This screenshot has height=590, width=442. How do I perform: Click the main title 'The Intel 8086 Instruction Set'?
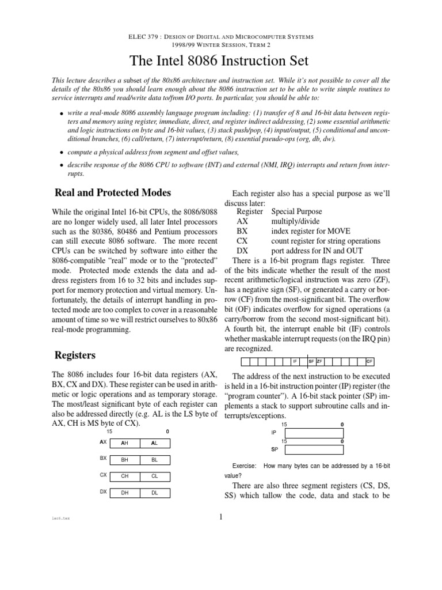[x=221, y=60]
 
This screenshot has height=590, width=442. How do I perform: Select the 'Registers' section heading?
[x=75, y=354]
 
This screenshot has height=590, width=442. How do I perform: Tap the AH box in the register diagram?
[x=124, y=443]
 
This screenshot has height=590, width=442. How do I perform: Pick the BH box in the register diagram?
[x=124, y=460]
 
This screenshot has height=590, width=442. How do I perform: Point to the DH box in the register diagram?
[x=124, y=493]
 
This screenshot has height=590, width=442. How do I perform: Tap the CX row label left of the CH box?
[x=103, y=475]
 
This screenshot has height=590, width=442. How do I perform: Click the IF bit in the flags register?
[x=295, y=362]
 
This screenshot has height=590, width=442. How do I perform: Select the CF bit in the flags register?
[x=369, y=362]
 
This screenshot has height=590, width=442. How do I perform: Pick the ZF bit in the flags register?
[x=319, y=362]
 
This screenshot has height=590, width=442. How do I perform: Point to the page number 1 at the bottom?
[x=221, y=517]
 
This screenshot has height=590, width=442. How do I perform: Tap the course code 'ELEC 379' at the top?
[x=142, y=37]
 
